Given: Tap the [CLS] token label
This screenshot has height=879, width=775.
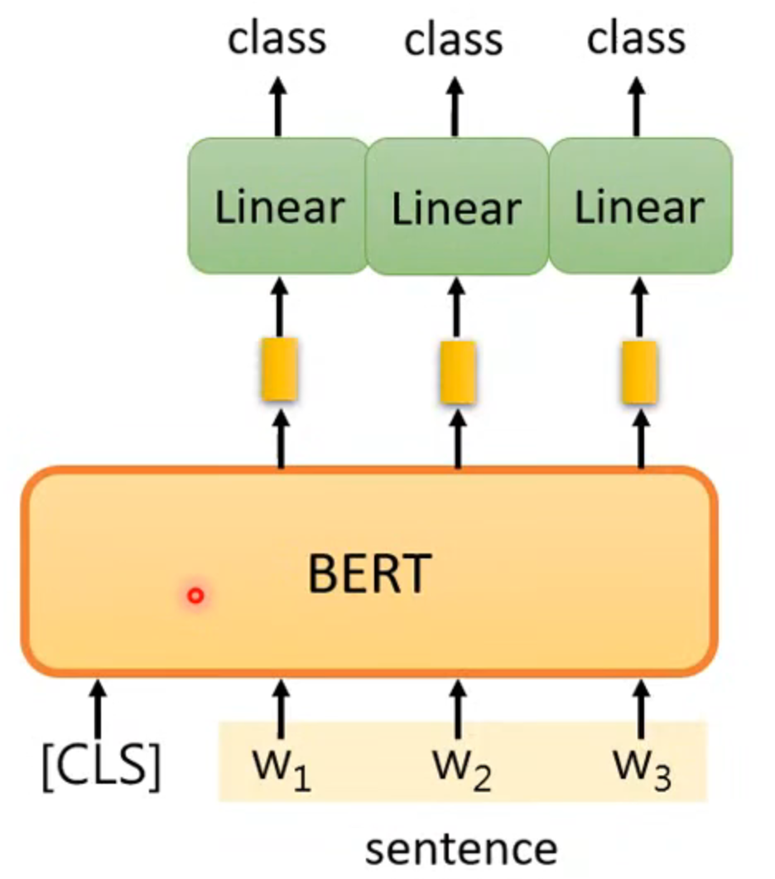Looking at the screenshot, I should [x=100, y=766].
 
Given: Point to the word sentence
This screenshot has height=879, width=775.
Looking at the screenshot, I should [x=461, y=850].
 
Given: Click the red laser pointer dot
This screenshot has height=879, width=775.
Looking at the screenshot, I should [x=195, y=595].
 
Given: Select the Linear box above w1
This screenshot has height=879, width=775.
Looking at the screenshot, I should [x=278, y=206].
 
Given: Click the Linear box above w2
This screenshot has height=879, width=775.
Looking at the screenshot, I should [x=456, y=208].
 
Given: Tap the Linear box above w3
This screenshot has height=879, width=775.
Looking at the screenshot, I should [x=640, y=206].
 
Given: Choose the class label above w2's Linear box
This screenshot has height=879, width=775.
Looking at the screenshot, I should [x=454, y=39].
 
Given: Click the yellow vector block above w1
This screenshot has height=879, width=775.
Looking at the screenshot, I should [x=280, y=369].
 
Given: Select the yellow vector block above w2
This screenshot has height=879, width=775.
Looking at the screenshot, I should [x=457, y=371].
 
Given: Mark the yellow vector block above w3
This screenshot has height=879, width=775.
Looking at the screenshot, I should [x=640, y=371].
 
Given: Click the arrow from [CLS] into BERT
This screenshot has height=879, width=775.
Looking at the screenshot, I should [x=99, y=708].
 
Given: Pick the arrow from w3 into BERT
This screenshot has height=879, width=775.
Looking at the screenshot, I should [x=640, y=708].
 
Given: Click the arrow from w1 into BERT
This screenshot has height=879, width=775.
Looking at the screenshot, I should [x=280, y=708].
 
